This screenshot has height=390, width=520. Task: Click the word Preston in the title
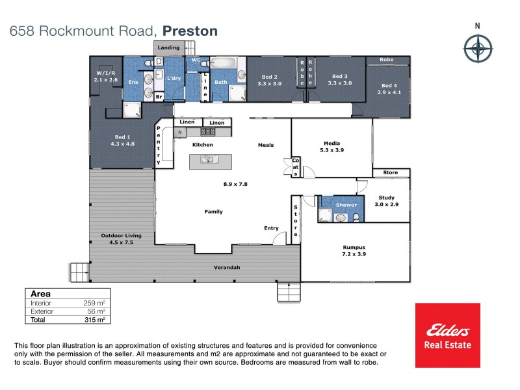click(190, 31)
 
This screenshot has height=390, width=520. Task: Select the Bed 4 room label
click(389, 89)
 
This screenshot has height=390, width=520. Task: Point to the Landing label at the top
click(168, 47)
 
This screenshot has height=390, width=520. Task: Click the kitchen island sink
click(207, 160)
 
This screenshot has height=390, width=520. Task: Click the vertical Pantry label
click(158, 146)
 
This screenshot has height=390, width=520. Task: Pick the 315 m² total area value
click(95, 320)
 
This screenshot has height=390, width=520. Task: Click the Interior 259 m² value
click(95, 303)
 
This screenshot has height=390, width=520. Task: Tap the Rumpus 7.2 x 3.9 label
click(354, 251)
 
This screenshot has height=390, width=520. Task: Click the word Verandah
click(227, 268)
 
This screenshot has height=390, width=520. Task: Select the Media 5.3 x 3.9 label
click(331, 146)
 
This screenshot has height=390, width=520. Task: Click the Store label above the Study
click(390, 173)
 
